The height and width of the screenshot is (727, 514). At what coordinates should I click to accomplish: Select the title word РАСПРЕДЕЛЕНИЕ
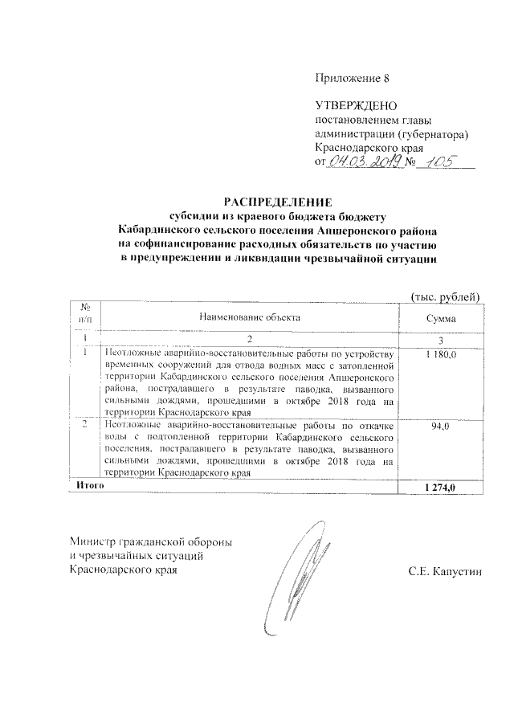point(276,202)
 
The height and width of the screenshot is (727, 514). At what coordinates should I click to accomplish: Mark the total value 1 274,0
point(440,488)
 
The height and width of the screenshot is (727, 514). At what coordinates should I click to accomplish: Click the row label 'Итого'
point(88,487)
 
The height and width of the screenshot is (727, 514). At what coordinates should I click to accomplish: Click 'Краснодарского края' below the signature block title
point(122,571)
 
